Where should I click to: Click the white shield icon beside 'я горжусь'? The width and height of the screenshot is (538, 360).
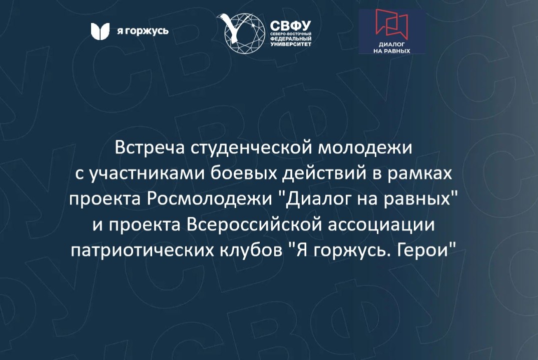[x=100, y=31]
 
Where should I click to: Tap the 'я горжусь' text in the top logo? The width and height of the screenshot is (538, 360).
[x=143, y=31]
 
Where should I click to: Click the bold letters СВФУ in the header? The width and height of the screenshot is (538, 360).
[x=291, y=25]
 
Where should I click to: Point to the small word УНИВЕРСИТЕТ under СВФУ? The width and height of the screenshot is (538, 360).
[x=291, y=44]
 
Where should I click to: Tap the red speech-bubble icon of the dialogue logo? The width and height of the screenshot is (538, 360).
[x=392, y=25]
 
